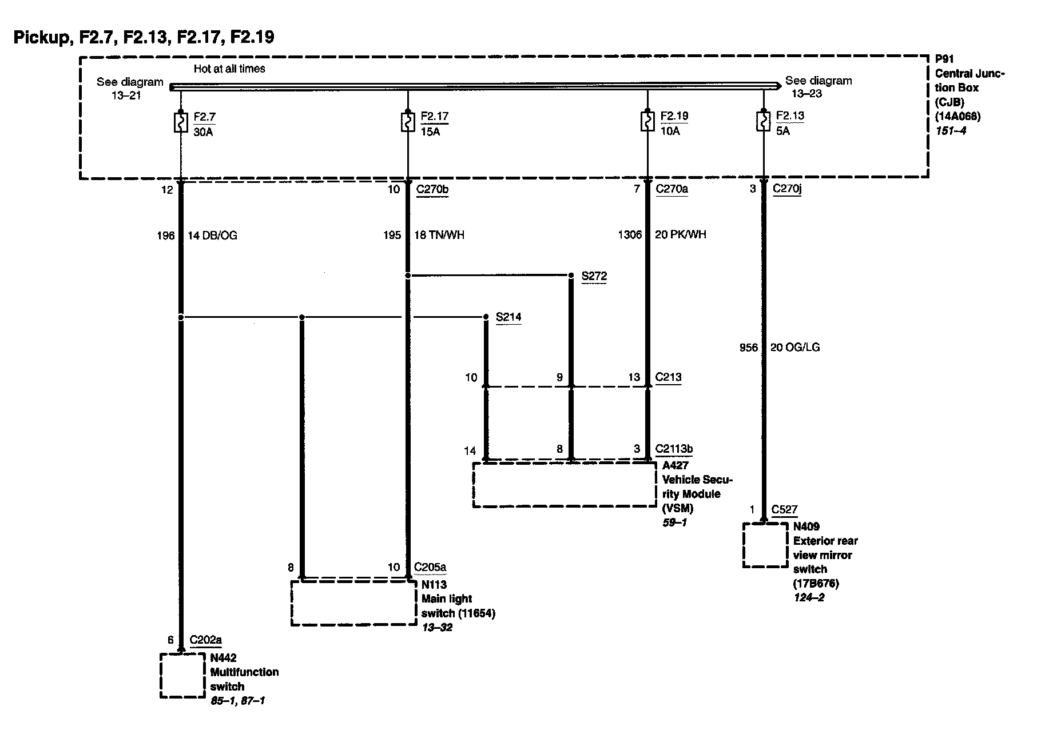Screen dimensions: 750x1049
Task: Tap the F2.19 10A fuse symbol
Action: (647, 123)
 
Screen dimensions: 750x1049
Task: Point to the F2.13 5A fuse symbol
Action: (763, 123)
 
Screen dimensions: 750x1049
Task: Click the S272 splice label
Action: (594, 277)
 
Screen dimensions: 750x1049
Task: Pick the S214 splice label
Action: (508, 317)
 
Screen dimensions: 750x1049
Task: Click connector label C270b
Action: (432, 189)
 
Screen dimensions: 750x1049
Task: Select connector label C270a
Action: (672, 189)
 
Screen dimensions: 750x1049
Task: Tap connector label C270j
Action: (787, 189)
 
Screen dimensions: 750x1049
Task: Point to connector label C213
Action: (669, 377)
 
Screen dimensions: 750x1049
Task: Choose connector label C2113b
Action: (674, 449)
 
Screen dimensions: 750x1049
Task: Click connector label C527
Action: (784, 510)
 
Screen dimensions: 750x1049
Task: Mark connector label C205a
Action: (430, 567)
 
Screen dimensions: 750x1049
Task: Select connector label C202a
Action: (206, 640)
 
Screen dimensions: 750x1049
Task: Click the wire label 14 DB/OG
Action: (212, 236)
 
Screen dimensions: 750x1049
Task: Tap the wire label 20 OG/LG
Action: (795, 348)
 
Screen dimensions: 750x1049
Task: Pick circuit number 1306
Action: (630, 235)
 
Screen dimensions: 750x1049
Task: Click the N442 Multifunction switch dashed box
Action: (182, 676)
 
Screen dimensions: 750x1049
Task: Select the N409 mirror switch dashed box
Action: (765, 545)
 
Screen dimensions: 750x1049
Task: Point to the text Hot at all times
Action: (229, 69)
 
